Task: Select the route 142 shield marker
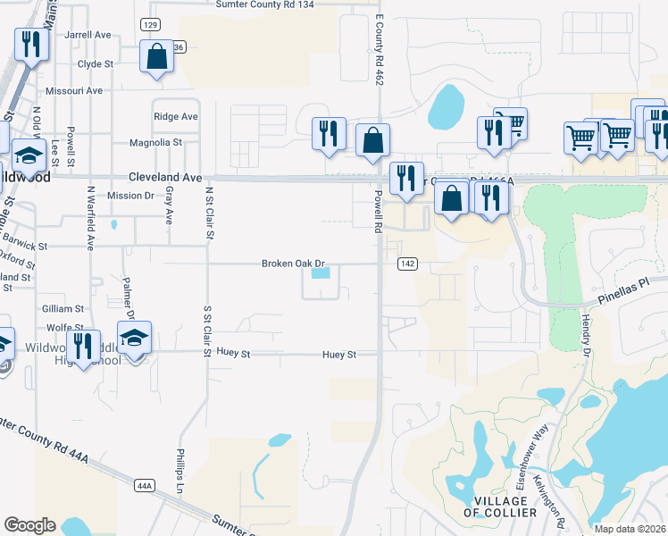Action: click(407, 264)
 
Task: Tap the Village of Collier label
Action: click(500, 506)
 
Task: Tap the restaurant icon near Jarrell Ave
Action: click(31, 44)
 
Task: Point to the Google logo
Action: click(29, 525)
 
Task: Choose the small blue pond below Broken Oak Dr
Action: click(320, 272)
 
